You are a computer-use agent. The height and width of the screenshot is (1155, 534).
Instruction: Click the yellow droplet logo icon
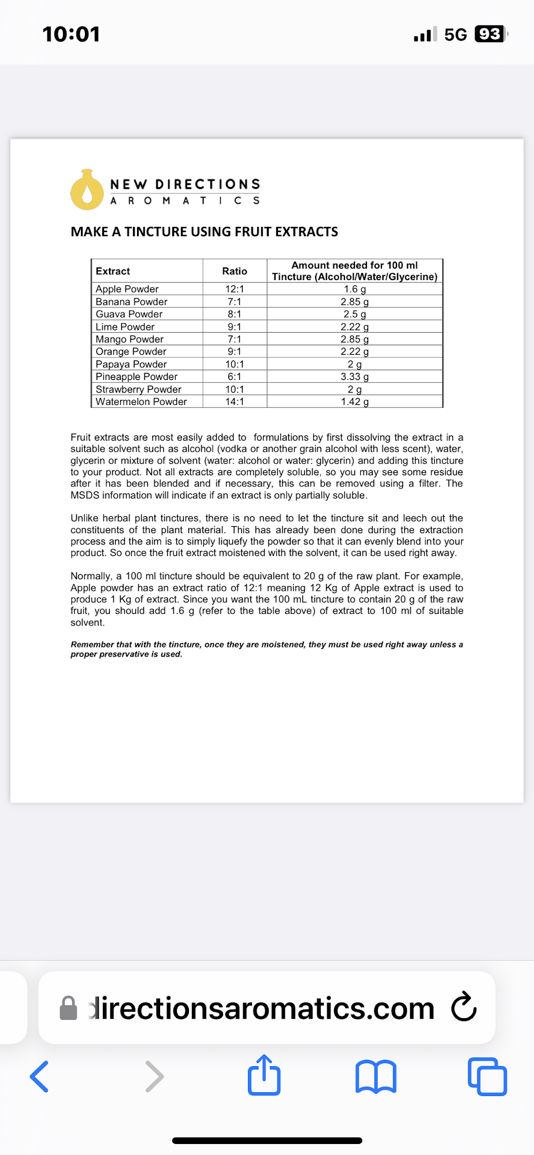tap(87, 190)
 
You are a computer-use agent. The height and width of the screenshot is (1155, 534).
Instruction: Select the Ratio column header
tap(235, 271)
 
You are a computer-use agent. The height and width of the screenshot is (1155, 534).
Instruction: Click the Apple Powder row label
tap(127, 289)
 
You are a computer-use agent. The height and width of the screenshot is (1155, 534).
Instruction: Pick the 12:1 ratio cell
tap(235, 289)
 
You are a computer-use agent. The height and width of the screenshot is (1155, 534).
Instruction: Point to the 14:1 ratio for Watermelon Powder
tap(235, 401)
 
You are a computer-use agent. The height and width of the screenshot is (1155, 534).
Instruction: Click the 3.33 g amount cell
tap(354, 377)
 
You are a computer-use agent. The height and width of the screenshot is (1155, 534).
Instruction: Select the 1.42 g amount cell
tap(354, 401)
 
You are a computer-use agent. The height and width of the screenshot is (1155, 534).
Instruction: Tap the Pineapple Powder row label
tap(136, 377)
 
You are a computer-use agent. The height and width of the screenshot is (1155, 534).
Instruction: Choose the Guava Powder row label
tap(129, 314)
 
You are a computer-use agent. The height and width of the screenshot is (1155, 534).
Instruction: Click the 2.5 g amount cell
tap(354, 314)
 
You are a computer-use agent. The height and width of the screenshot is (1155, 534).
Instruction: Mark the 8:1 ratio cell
tap(235, 314)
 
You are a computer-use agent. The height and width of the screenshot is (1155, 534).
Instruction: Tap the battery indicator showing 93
tap(490, 34)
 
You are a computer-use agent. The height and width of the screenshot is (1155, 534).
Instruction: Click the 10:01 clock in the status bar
tap(71, 34)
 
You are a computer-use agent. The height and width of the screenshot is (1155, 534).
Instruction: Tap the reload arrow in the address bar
tap(463, 1007)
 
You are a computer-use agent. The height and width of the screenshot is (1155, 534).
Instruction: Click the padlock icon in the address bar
tap(69, 1008)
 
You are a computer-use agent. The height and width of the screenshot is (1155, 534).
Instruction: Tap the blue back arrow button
tap(39, 1076)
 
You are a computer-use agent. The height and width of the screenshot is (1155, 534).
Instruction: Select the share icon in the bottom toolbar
tap(264, 1075)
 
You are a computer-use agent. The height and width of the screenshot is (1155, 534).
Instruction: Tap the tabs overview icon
tap(487, 1076)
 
